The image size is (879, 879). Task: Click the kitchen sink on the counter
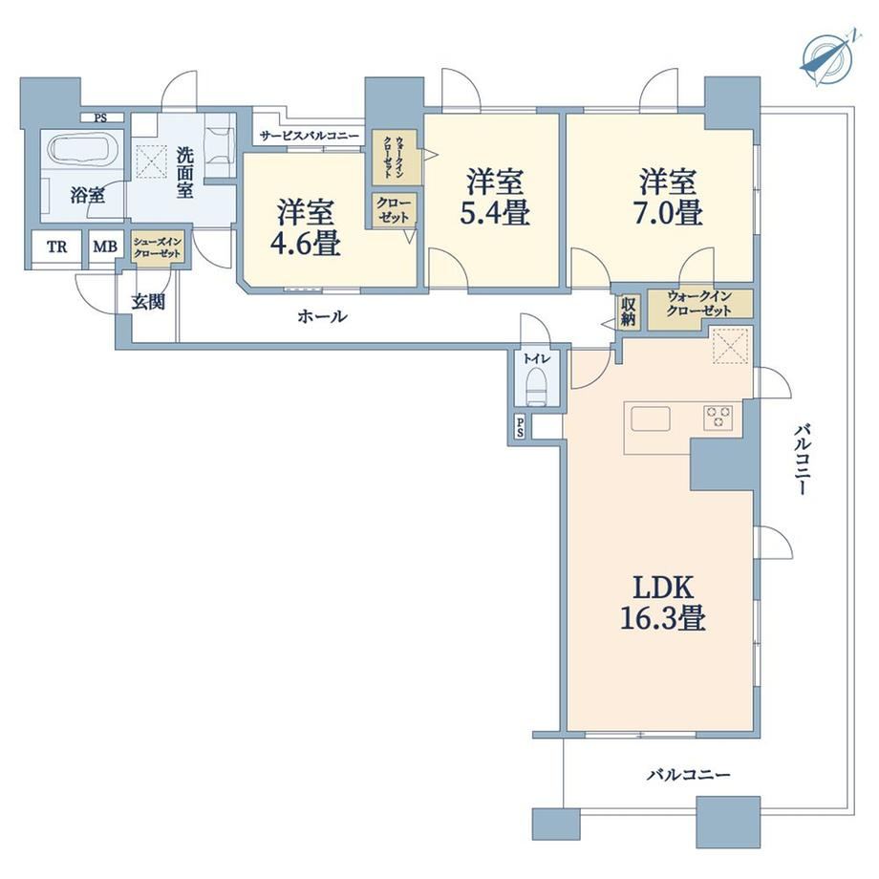pos(651,418)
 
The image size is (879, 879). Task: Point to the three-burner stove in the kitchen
pos(718,418)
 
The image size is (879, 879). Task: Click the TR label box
pos(56,247)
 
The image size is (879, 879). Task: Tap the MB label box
pos(105,247)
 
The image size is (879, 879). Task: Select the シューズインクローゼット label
pos(157,248)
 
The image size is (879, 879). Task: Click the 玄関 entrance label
pos(148,302)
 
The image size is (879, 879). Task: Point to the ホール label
pos(322,317)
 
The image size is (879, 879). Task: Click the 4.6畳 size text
pos(306,244)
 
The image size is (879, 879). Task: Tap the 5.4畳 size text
pos(495,212)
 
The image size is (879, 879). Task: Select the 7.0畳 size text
pos(668,212)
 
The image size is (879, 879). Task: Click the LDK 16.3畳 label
pos(663,603)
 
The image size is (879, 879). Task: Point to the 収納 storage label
pos(628,311)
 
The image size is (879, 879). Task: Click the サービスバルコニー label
pos(309,136)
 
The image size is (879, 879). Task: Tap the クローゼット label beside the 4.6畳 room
pos(393,210)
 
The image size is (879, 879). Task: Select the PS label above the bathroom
pos(100,118)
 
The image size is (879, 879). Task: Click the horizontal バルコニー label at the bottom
pos(689,775)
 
